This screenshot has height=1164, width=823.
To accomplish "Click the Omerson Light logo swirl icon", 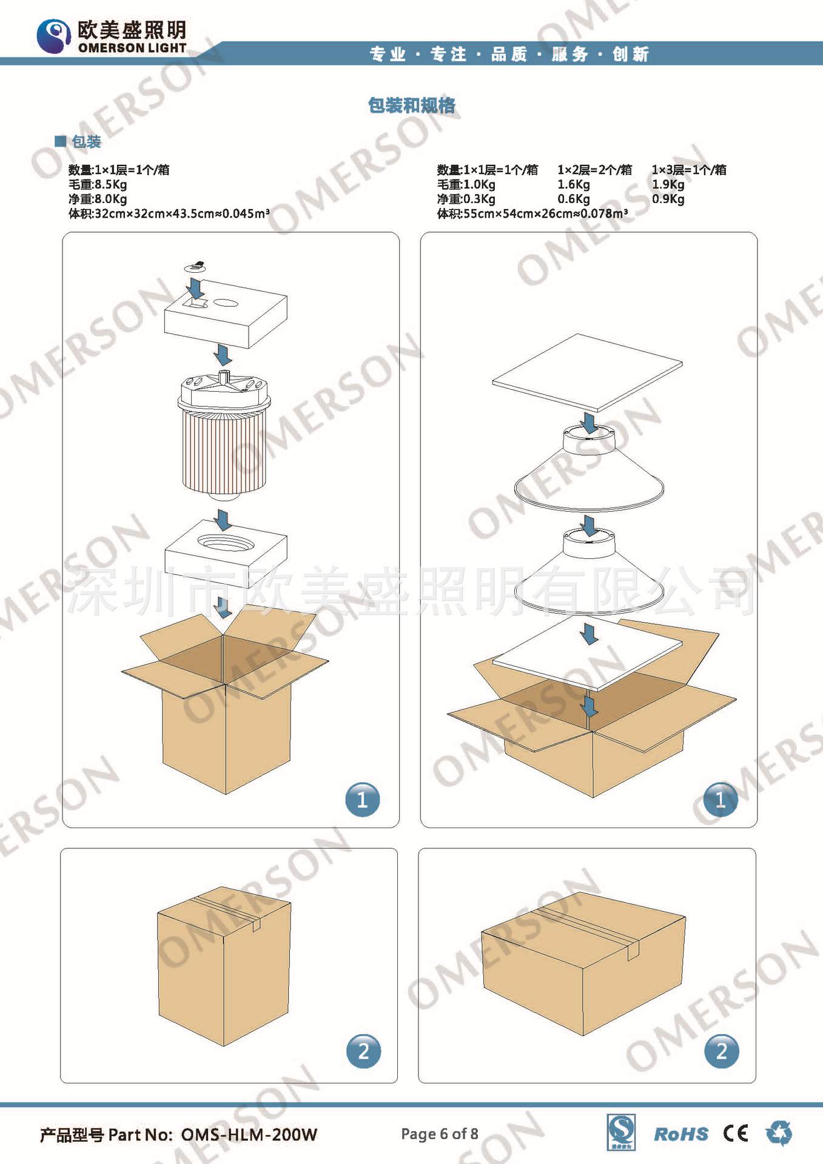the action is [x=54, y=36].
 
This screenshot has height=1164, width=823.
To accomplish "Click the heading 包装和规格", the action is [x=412, y=105].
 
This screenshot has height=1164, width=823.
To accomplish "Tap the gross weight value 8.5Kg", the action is [x=110, y=184].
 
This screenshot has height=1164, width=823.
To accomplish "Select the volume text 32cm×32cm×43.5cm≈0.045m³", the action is [x=182, y=213].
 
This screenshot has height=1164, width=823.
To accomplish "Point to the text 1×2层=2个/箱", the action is [x=594, y=170].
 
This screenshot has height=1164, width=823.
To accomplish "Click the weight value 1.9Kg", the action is [x=668, y=184].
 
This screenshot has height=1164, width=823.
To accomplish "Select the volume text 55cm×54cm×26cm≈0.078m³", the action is [x=545, y=213].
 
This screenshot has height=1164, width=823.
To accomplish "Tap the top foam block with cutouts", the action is [x=226, y=313].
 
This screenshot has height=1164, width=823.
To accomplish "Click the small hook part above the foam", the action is [x=195, y=266].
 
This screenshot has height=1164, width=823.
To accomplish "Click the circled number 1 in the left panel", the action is [x=363, y=800].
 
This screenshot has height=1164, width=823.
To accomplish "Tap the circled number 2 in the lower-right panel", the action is [x=722, y=1051].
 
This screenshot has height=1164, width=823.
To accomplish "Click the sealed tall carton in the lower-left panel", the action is [x=224, y=966].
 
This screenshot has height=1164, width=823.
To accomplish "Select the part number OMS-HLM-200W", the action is [x=249, y=1134].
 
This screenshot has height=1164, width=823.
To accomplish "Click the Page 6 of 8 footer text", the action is [x=440, y=1134].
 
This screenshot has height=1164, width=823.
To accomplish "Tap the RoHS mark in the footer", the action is [x=681, y=1134].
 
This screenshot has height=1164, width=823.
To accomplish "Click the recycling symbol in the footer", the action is [x=779, y=1132].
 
